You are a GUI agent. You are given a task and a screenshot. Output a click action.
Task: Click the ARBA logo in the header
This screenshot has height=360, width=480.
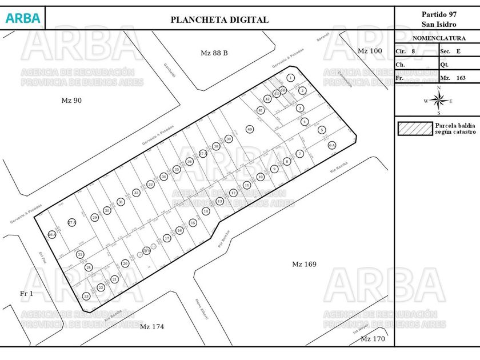pyautogui.click(x=23, y=18)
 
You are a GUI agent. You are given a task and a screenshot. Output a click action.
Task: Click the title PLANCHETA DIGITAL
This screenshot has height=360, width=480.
pyautogui.click(x=219, y=19)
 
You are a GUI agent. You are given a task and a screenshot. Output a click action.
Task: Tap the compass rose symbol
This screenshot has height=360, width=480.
pyautogui.click(x=438, y=101)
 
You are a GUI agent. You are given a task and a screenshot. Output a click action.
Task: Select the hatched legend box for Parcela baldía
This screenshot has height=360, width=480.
pyautogui.click(x=415, y=129)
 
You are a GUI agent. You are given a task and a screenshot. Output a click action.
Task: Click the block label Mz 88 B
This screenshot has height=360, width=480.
pyautogui.click(x=214, y=53)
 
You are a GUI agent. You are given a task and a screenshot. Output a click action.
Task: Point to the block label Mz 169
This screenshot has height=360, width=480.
pyautogui.click(x=304, y=264)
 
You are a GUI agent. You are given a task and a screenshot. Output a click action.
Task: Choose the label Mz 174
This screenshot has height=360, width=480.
pyautogui.click(x=152, y=327)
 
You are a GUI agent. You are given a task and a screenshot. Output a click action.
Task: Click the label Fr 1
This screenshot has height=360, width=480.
pyautogui.click(x=27, y=294)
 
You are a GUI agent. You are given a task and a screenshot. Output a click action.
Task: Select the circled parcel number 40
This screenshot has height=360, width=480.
pyautogui.click(x=250, y=129)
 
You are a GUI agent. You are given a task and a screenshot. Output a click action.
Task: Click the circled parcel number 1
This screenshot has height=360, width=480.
pyautogui.click(x=291, y=78)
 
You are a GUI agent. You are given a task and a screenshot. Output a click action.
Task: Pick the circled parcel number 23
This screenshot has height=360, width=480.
pyautogui.click(x=86, y=296)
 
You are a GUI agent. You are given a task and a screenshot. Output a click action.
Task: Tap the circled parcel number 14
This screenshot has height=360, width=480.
pyautogui.click(x=206, y=211)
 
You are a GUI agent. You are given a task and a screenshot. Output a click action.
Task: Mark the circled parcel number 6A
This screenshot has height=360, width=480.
pyautogui.click(x=332, y=146)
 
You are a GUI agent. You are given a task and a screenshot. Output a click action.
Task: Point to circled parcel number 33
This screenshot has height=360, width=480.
pyautogui.click(x=150, y=185)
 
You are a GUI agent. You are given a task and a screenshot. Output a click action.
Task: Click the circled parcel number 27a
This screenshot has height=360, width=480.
pyautogui.click(x=72, y=222)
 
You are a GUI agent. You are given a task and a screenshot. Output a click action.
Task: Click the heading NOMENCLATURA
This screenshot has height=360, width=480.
pyautogui.click(x=438, y=38)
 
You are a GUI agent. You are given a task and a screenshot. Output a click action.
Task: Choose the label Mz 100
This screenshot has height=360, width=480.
pyautogui.click(x=369, y=51)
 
